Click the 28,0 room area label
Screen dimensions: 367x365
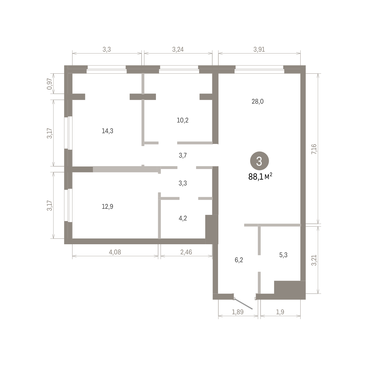click(x=258, y=102)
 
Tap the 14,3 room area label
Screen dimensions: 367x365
click(x=107, y=131)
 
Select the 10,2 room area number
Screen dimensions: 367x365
click(x=183, y=120)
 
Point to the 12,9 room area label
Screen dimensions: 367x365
click(x=107, y=207)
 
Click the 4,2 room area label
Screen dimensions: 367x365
click(x=183, y=218)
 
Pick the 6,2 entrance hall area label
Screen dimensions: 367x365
click(x=239, y=260)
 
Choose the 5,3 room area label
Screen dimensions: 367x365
click(x=284, y=255)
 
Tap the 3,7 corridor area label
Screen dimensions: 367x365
click(x=183, y=156)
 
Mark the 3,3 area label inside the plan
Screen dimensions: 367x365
click(x=183, y=183)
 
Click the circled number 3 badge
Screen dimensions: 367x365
click(x=259, y=161)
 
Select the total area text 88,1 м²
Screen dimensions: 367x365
click(x=260, y=177)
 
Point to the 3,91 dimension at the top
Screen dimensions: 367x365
click(x=259, y=50)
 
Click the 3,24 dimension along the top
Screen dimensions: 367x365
click(x=178, y=50)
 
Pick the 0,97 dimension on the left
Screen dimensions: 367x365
click(x=49, y=84)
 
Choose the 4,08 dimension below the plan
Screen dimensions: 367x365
click(x=115, y=252)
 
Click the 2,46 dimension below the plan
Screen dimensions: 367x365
click(x=186, y=252)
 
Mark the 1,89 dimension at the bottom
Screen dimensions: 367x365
click(x=238, y=312)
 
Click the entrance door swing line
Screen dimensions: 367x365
click(x=243, y=304)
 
